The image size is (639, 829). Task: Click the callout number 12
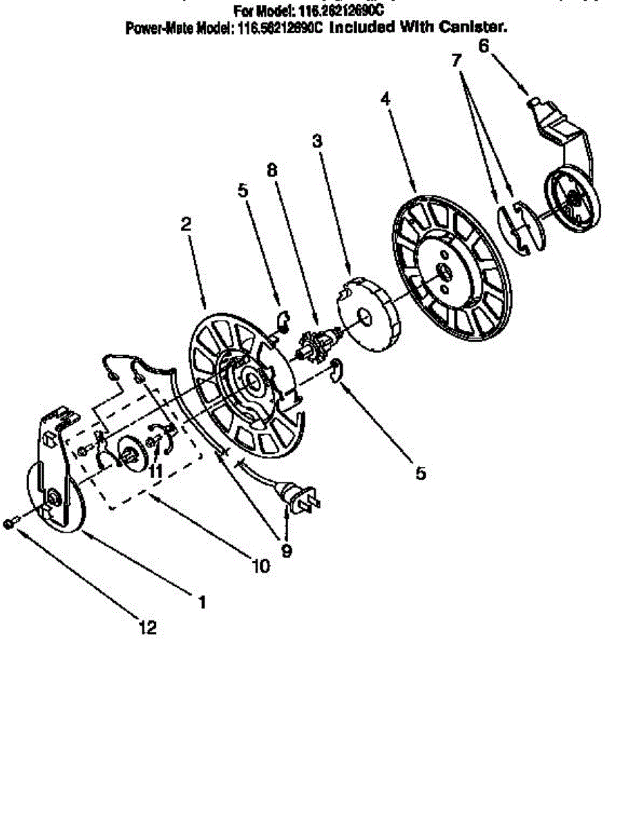[147, 627]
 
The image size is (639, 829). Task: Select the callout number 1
[202, 602]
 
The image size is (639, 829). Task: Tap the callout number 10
[260, 566]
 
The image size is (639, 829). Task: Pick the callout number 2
[186, 224]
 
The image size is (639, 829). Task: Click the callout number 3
[317, 142]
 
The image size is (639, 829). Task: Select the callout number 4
[385, 99]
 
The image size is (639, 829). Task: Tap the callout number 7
[456, 60]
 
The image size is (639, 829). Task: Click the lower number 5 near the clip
[421, 473]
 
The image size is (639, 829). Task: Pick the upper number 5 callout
[242, 191]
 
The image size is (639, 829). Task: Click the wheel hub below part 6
[573, 198]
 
